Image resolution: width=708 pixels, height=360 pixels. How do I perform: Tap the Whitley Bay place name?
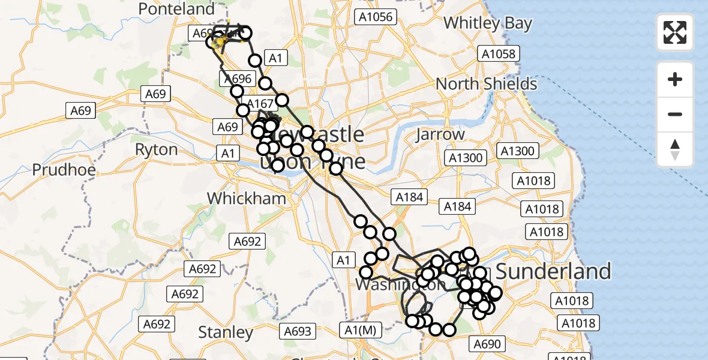[487, 23]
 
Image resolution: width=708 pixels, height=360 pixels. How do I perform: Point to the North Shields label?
[486, 83]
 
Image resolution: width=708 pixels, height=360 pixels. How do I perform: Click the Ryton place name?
[156, 149]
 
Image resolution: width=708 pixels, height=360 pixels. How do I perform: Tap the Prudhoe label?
[64, 170]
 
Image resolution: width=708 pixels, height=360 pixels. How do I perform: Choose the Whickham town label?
[246, 198]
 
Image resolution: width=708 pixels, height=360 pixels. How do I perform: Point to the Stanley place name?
[226, 332]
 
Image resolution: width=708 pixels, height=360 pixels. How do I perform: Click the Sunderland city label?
[553, 271]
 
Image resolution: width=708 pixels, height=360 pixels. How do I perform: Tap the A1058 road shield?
[499, 55]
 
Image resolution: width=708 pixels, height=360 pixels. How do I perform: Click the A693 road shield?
[298, 331]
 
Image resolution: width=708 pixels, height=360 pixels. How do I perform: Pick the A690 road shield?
[489, 344]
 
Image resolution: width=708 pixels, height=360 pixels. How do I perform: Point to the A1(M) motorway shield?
[360, 329]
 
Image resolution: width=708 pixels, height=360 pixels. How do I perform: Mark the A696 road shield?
[238, 79]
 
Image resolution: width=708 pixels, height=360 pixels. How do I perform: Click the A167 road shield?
[260, 104]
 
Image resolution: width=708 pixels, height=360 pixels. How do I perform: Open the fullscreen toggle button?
[675, 32]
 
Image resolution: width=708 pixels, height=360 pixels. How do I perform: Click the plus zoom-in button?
[675, 79]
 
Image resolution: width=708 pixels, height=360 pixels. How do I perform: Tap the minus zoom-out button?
[675, 114]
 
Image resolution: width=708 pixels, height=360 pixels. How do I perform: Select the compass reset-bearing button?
[675, 149]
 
